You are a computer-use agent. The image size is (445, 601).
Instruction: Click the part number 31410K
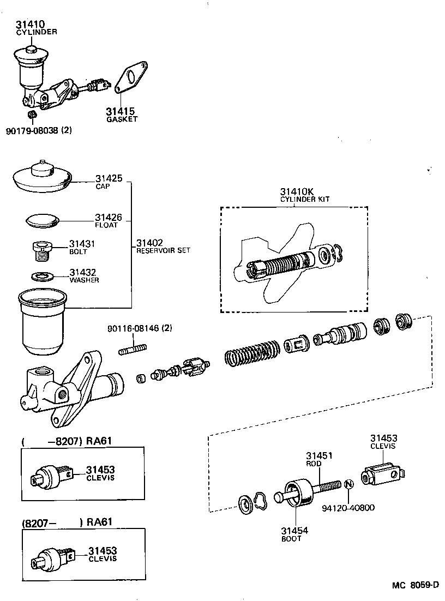coord(297,191)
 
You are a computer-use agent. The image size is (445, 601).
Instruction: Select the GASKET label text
coord(122,119)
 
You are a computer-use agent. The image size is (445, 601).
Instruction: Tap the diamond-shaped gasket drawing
coord(130,77)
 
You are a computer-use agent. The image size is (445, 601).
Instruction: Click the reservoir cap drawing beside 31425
coord(41,177)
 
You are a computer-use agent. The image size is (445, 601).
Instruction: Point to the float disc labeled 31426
coord(43,220)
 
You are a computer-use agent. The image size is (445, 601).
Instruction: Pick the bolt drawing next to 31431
coord(43,251)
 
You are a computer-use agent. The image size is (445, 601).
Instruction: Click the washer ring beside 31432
coord(42,276)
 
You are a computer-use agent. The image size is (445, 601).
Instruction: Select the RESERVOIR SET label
coord(163,250)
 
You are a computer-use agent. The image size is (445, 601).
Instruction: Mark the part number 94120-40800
coord(348,508)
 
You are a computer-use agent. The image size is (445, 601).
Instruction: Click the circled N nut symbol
coord(349,484)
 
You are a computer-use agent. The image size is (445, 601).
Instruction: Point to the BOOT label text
coord(291,538)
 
